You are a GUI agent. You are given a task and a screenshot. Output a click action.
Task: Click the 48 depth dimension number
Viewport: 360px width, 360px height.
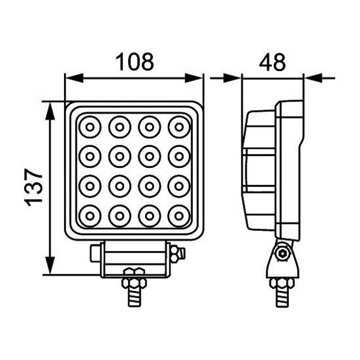click(273, 61)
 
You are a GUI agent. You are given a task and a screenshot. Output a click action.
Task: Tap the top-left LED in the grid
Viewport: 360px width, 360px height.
click(89, 127)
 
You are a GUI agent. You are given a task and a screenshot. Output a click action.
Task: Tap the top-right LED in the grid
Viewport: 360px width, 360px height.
click(178, 127)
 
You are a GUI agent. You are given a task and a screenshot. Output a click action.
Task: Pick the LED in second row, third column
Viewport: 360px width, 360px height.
click(148, 156)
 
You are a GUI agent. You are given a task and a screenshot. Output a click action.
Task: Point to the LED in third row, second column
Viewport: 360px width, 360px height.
click(119, 185)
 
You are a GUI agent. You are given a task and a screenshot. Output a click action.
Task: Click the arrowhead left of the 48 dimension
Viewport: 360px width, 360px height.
click(236, 79)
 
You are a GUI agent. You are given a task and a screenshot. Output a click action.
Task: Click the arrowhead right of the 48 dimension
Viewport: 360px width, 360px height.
click(311, 79)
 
